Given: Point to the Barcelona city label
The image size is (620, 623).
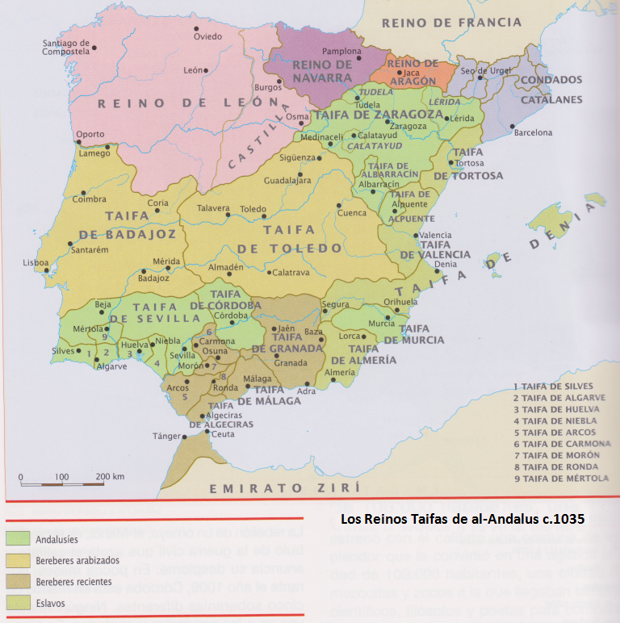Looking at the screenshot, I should click(533, 132).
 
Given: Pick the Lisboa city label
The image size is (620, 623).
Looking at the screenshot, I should click(36, 262).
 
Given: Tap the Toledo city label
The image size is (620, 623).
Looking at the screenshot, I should click(253, 209).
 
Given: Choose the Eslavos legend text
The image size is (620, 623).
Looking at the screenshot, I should click(52, 602).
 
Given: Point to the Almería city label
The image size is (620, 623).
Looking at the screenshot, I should click(339, 373).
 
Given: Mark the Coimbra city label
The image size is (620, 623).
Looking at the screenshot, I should click(89, 199).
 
